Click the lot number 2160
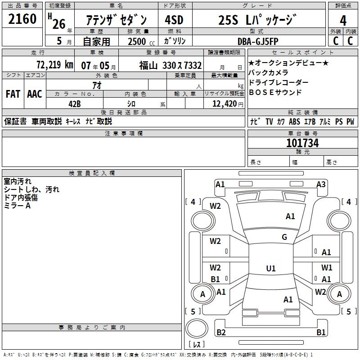pos(22,20)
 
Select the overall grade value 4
pos(343,21)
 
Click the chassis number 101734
pos(302,143)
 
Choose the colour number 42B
pos(74,104)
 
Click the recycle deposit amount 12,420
pos(224,104)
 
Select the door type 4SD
pos(174,21)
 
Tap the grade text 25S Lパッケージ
pos(258,21)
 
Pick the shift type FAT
pos(13,94)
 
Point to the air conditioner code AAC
pos(35,94)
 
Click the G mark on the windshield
pos(284,237)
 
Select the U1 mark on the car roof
pos(270,269)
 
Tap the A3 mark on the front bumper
pos(321,184)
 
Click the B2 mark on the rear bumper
pos(221,333)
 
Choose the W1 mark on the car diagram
pos(327,267)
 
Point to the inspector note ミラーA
pos(17,205)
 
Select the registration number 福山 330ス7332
pos(170,65)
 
